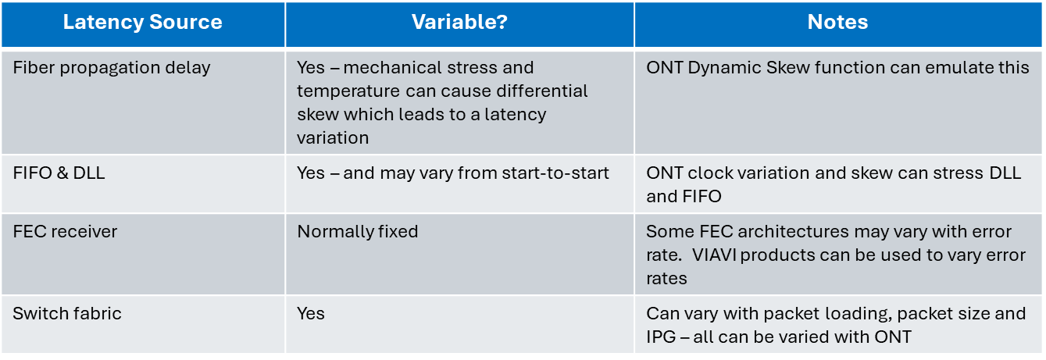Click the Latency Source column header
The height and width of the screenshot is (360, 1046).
click(x=142, y=23)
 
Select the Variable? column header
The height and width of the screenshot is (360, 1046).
click(x=459, y=23)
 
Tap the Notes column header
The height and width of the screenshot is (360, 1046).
click(x=837, y=23)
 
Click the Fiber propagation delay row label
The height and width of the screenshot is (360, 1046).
click(x=112, y=68)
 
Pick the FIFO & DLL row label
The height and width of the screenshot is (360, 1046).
click(x=59, y=173)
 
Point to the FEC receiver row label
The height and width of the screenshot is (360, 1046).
click(x=63, y=232)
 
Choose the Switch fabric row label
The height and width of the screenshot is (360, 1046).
click(x=67, y=314)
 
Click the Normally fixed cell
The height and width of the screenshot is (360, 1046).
click(x=358, y=232)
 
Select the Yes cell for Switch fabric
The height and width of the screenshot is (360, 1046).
click(x=310, y=314)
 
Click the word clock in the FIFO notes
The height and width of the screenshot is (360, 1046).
click(x=706, y=173)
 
